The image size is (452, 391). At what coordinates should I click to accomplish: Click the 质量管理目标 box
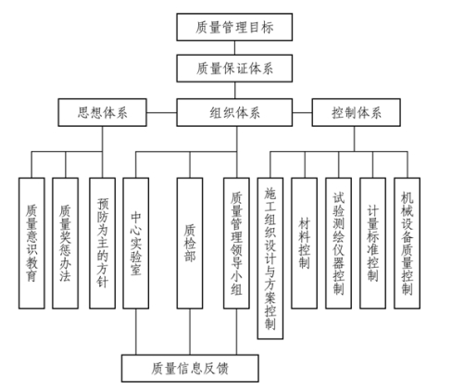(x=234, y=27)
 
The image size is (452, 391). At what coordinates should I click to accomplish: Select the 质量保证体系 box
(x=234, y=69)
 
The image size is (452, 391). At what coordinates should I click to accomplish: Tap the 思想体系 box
(x=102, y=112)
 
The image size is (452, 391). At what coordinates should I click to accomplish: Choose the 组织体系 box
(x=234, y=112)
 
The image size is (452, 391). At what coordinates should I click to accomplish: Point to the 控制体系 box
(x=357, y=112)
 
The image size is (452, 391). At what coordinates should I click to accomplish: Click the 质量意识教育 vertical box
(x=31, y=243)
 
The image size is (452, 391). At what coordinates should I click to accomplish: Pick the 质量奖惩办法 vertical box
(x=65, y=243)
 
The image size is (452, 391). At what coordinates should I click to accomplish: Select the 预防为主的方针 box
(x=102, y=243)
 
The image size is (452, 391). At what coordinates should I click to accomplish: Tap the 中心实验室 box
(x=136, y=243)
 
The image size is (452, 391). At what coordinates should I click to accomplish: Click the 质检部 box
(x=190, y=243)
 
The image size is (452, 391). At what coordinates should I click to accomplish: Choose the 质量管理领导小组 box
(x=236, y=243)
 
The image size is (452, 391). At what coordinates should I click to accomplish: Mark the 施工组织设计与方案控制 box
(x=270, y=259)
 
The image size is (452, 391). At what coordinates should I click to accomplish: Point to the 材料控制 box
(x=304, y=243)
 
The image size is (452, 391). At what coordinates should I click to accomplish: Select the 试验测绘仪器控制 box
(x=338, y=243)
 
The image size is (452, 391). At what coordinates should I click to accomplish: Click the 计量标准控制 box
(x=372, y=243)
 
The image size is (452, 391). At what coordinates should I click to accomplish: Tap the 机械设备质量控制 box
(x=407, y=243)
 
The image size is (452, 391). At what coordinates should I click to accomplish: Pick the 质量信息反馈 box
(x=190, y=368)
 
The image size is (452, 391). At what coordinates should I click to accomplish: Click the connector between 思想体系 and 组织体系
(x=161, y=112)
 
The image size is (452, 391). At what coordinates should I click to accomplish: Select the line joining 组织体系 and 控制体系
(x=302, y=112)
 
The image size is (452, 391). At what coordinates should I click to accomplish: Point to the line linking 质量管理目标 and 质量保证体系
(x=234, y=48)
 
